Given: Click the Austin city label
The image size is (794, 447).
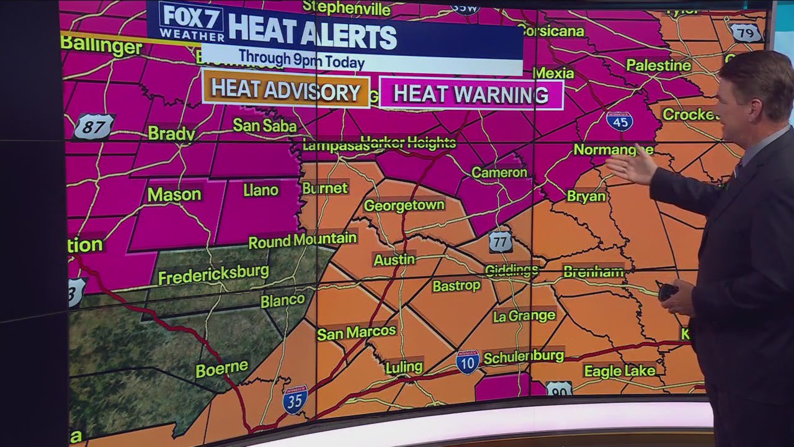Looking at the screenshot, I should [x=394, y=260].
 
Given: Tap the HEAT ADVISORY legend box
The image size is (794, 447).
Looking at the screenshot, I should [x=285, y=91].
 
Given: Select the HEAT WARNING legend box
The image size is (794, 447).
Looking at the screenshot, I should [x=471, y=94].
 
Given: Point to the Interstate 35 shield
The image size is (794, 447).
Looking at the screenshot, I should [x=295, y=400].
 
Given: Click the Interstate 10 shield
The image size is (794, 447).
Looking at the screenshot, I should [x=467, y=362].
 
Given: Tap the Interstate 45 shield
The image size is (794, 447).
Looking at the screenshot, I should [x=620, y=120].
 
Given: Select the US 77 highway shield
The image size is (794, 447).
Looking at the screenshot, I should [x=500, y=242].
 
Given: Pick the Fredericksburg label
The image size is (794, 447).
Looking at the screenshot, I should [x=213, y=274].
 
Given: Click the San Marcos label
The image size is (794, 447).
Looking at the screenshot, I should [x=356, y=332].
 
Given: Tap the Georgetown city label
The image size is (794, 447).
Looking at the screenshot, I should [x=404, y=205].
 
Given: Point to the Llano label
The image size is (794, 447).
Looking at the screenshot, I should [x=261, y=190].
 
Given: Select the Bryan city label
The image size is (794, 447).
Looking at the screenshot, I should [x=586, y=196].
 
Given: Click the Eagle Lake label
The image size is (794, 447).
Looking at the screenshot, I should [x=619, y=371].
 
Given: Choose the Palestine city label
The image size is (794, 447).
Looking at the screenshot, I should [x=658, y=65].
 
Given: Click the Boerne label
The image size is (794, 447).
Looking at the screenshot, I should [x=221, y=369].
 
